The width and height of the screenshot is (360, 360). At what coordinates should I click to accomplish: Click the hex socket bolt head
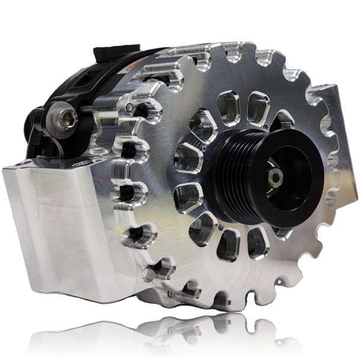[x=67, y=120]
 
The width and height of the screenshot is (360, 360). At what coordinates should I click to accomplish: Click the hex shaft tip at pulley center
[x=277, y=176]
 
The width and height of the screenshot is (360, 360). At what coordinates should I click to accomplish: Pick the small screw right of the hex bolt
[x=129, y=107]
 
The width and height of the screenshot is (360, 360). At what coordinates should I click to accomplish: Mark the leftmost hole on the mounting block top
[x=22, y=162]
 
